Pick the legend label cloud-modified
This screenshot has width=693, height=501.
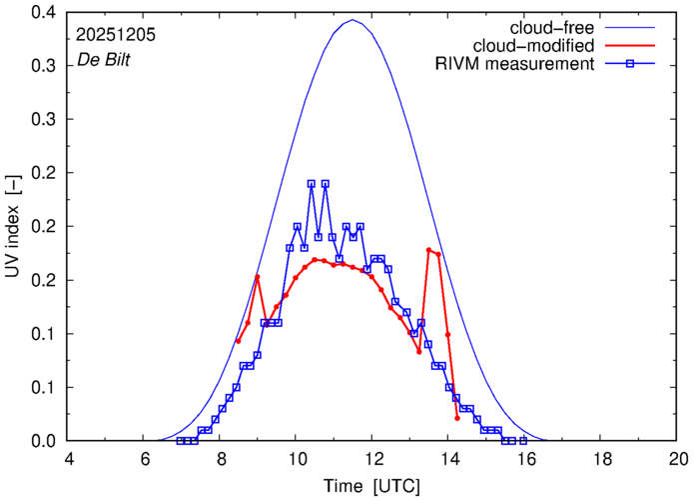click(x=540, y=45)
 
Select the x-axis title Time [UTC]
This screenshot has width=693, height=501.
click(x=371, y=486)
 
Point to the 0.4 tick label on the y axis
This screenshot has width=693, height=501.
click(x=43, y=12)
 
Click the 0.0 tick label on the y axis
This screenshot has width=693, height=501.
click(x=43, y=441)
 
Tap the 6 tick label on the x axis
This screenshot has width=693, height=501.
click(x=144, y=458)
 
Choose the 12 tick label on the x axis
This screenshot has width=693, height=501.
click(x=372, y=458)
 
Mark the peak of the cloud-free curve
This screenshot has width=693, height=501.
click(x=352, y=20)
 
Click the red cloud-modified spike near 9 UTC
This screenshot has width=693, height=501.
click(x=258, y=276)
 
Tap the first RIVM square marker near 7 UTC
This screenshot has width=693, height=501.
click(x=180, y=441)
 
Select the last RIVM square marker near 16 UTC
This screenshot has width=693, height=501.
click(x=523, y=441)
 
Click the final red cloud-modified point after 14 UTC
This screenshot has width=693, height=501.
click(x=457, y=418)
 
